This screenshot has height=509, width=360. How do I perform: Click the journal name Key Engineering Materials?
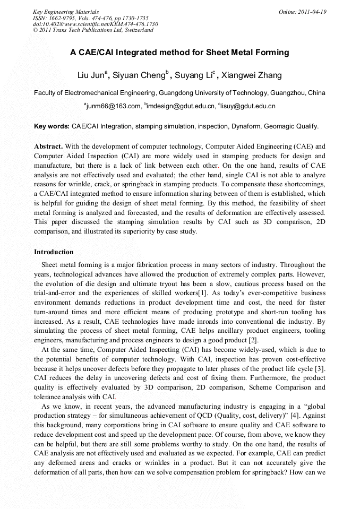[66, 12]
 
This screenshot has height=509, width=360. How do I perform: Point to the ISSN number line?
[91, 18]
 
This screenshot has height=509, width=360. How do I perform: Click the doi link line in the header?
[96, 24]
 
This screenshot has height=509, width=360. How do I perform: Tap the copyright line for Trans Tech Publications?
[93, 30]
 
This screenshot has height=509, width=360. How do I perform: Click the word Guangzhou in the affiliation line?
[287, 93]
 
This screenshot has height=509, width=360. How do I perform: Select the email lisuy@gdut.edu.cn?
[247, 106]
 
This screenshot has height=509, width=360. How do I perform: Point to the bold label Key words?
[52, 127]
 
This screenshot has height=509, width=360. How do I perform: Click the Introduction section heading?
[54, 252]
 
